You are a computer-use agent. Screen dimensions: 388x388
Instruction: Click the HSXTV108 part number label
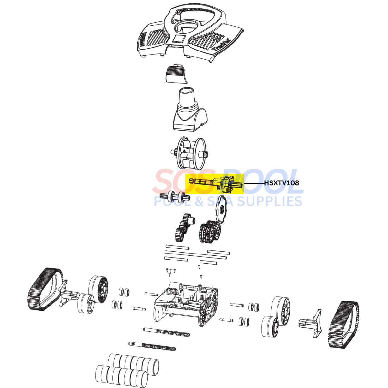(281, 183)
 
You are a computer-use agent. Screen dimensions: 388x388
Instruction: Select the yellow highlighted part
(215, 184)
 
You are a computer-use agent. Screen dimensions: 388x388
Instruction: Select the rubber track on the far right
(344, 324)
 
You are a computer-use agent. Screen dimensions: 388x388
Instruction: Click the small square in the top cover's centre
(179, 38)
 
